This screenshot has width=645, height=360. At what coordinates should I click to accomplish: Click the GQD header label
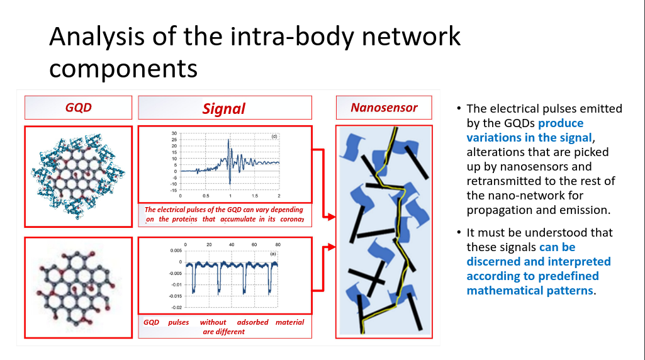click(78, 108)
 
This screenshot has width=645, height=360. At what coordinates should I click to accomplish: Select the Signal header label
click(224, 109)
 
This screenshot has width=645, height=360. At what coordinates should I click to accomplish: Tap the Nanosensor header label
click(384, 108)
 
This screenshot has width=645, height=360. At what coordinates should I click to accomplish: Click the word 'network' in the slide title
click(411, 37)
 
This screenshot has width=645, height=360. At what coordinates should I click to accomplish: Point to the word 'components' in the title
click(123, 69)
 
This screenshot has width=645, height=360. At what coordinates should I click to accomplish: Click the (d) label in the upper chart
click(274, 136)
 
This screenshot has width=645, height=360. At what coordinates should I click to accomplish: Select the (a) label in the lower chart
click(273, 254)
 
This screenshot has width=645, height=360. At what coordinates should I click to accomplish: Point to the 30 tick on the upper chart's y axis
click(174, 133)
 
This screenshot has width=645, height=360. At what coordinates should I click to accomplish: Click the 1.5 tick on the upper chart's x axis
click(255, 196)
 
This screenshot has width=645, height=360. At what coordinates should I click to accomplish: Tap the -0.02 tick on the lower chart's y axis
click(176, 307)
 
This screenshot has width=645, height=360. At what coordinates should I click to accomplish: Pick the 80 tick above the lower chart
click(278, 244)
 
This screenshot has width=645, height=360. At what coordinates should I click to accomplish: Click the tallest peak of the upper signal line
click(228, 140)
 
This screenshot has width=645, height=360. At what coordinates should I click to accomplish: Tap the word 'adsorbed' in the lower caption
click(252, 322)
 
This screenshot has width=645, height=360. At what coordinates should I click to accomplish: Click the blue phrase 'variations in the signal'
click(529, 137)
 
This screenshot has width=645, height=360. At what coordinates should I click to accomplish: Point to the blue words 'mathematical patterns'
click(530, 291)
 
